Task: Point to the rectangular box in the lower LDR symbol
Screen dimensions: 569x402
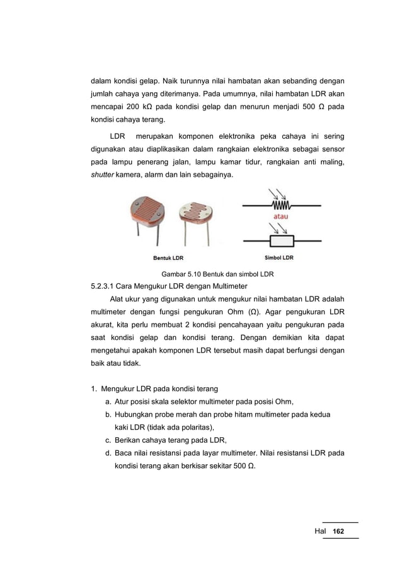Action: pos(280,241)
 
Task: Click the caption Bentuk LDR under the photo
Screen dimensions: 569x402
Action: pos(168,257)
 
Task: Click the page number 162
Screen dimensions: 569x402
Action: pos(338,532)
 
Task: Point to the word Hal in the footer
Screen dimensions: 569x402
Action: pos(320,532)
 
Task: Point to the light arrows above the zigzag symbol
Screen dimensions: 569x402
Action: pos(277,193)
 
